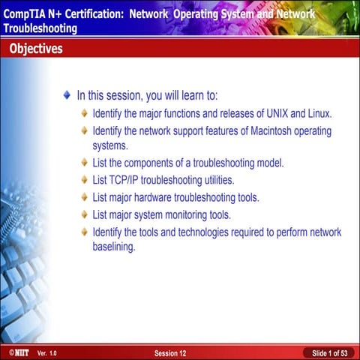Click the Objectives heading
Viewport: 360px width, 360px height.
pyautogui.click(x=36, y=49)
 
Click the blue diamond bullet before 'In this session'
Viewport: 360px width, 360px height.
pyautogui.click(x=67, y=96)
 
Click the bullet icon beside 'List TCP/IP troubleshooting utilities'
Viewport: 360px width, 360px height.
pyautogui.click(x=85, y=180)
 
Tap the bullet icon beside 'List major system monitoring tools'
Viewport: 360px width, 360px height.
pyautogui.click(x=85, y=215)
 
